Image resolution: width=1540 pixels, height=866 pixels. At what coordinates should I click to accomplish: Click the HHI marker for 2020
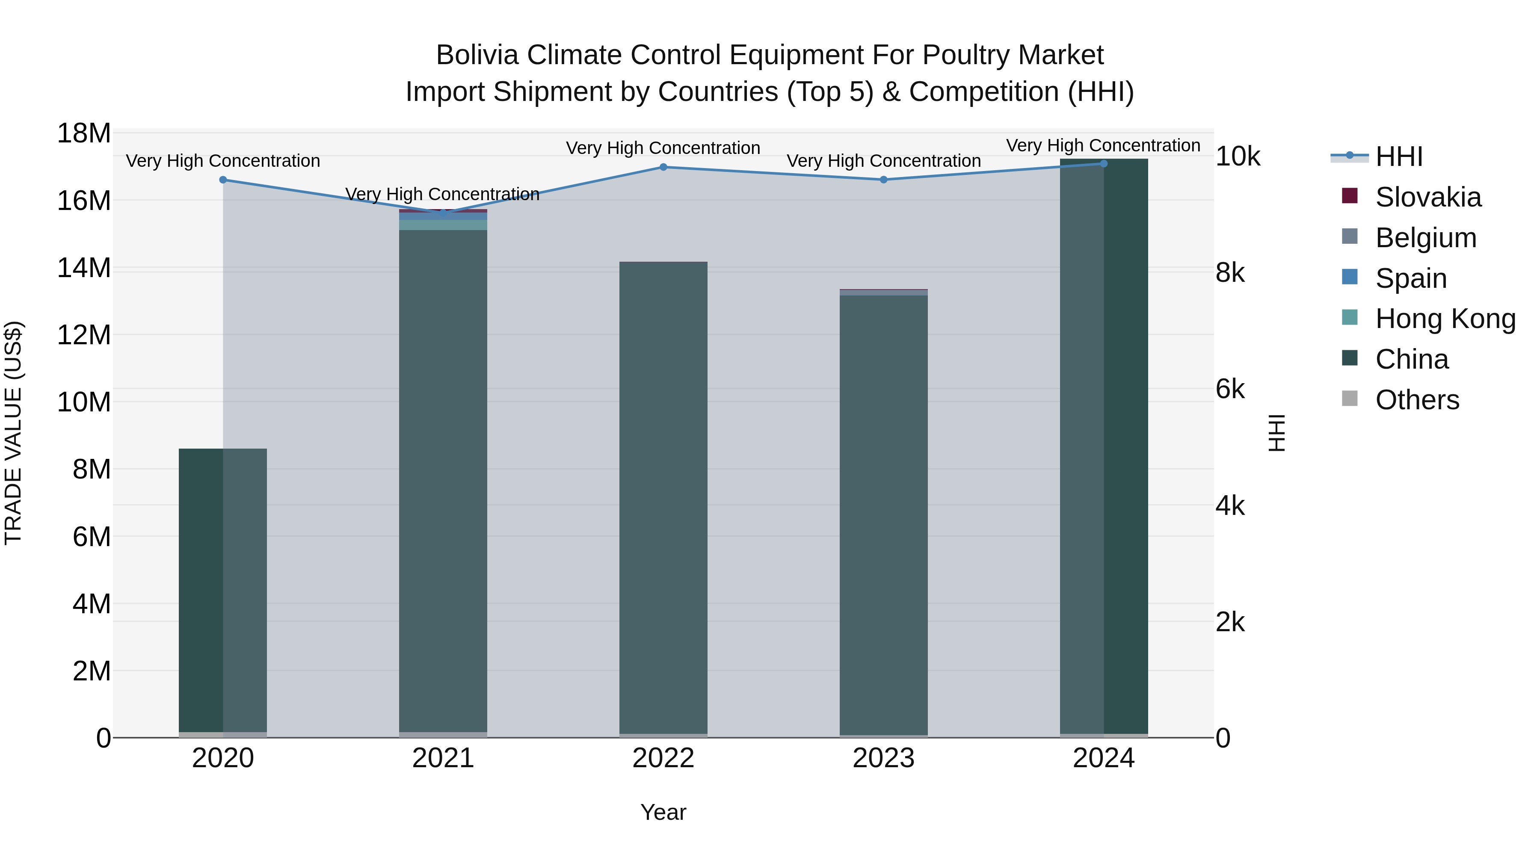pos(223,180)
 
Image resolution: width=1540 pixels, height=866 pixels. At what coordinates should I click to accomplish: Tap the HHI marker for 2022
pos(663,167)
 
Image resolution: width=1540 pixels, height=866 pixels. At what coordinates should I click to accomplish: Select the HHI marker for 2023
pos(884,180)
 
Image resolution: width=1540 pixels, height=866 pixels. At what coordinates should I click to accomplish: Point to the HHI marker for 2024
pos(1104,164)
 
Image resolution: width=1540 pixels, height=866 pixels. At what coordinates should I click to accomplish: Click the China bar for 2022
pos(663,496)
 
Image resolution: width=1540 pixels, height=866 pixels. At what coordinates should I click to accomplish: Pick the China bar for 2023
pos(884,514)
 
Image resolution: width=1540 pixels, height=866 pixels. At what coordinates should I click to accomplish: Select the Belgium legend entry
pos(1425,238)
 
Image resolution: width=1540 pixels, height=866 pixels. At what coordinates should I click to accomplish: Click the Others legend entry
pos(1417,400)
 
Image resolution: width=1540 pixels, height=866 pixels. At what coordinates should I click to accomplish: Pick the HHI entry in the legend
pos(1398,157)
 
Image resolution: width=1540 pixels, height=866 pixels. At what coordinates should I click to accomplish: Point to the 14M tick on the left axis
pos(84,268)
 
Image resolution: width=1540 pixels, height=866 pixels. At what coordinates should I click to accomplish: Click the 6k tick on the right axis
pos(1230,390)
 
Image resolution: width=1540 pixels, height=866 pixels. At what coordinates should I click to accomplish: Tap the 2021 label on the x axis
pos(443,758)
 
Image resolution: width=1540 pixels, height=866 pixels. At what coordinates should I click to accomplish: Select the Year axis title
pos(663,812)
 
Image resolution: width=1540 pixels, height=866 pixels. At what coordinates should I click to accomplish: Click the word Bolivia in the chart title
pos(478,55)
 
